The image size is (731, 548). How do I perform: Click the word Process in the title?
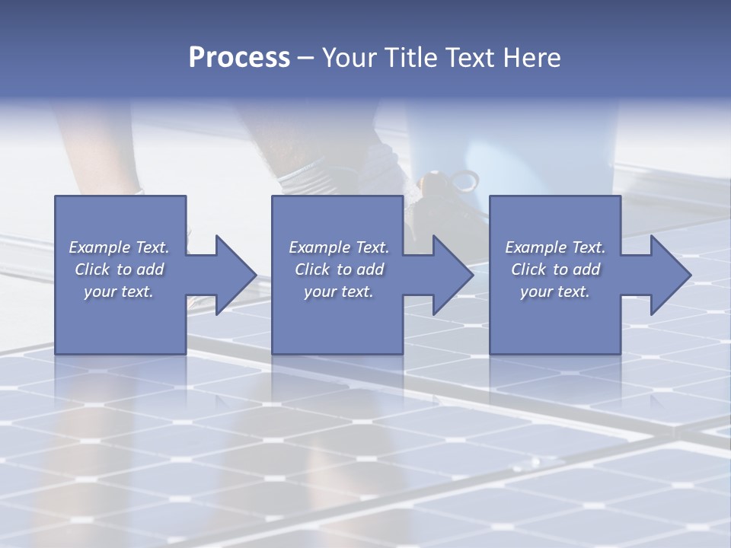(239, 58)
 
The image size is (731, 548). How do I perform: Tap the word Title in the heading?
(410, 58)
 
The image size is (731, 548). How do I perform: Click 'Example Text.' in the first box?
(119, 247)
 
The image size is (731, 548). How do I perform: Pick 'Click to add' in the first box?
(119, 269)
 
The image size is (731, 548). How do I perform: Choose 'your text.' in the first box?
(119, 292)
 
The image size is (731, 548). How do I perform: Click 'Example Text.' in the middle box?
(338, 247)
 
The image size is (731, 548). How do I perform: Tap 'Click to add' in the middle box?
(338, 269)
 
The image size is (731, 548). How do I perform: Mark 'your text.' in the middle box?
(338, 292)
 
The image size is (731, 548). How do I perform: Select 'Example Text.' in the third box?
(555, 247)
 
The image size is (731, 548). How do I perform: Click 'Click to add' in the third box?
(555, 269)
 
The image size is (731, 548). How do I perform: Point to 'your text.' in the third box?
(555, 292)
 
